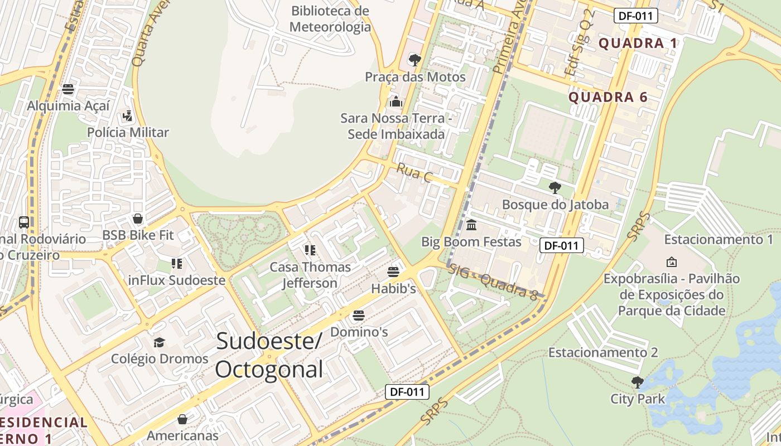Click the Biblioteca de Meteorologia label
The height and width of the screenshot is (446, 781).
pos(330,18)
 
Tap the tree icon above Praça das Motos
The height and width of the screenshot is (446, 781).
pos(414,60)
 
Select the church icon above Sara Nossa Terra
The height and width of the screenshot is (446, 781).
pos(396,101)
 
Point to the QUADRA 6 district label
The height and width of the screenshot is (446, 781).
pos(608,98)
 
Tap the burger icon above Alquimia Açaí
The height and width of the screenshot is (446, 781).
pos(68,89)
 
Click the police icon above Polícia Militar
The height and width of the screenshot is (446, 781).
pos(128,116)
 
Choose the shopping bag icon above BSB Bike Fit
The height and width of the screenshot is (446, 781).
pos(138,219)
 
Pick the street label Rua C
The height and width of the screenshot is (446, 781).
pos(414,172)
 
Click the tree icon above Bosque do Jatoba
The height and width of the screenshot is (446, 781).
pos(555,187)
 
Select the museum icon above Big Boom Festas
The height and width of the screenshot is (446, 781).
pos(471,225)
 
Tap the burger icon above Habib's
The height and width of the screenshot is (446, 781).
pos(393,272)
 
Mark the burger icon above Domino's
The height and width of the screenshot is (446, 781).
pos(359,316)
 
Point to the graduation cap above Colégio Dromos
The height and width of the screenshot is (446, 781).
pos(160,342)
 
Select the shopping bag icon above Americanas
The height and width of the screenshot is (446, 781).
pos(182,419)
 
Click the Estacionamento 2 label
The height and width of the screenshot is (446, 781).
pos(603,352)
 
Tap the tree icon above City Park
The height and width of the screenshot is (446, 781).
pos(637,382)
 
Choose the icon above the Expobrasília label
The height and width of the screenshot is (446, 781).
pos(672,261)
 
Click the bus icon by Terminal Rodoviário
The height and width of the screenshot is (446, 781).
pos(24,222)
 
